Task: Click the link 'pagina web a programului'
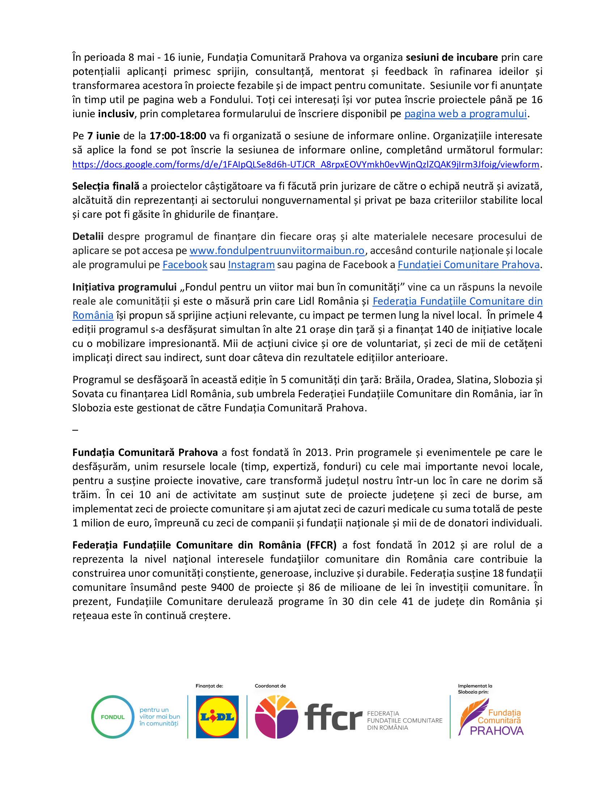tap(465, 114)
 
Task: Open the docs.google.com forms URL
tap(305, 164)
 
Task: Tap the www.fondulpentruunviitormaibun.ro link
tap(276, 251)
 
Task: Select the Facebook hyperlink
tap(185, 265)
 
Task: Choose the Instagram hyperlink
tap(251, 265)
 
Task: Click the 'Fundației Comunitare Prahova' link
tap(468, 265)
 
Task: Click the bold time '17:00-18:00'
tap(178, 136)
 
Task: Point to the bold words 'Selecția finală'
tap(106, 186)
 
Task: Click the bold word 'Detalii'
tap(88, 237)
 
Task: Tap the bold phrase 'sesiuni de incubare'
tap(452, 58)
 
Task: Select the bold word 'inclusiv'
tap(116, 114)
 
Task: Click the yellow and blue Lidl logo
tap(217, 717)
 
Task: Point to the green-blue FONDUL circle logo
tap(113, 717)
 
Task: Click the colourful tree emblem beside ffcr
tap(276, 717)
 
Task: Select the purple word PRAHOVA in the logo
tap(497, 731)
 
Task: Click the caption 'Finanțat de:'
tap(209, 686)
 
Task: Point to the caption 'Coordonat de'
tap(270, 686)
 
